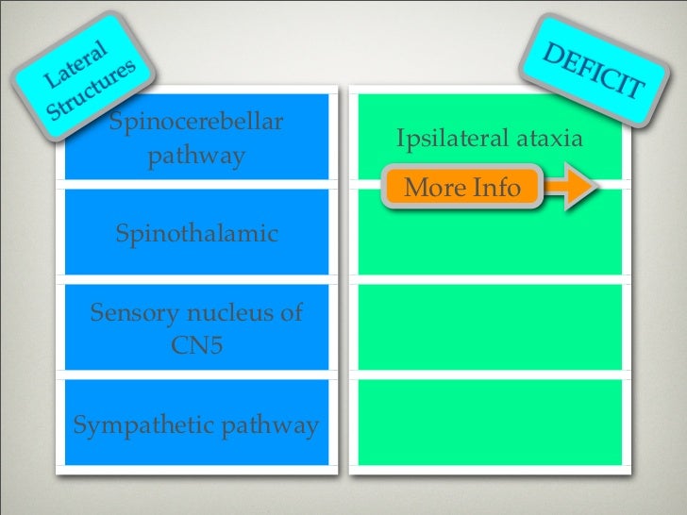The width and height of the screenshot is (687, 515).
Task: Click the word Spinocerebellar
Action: click(197, 123)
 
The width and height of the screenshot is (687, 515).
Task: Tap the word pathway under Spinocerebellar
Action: click(195, 156)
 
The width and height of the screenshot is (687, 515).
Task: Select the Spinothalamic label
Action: click(196, 233)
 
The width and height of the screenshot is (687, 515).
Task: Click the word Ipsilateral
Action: click(452, 141)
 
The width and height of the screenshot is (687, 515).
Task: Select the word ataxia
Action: click(547, 141)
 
